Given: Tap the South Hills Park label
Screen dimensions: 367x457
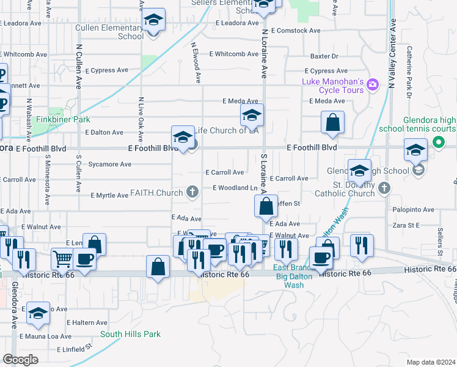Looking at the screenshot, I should coord(130,334).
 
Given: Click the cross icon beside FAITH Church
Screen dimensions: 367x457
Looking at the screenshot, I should coord(192,193).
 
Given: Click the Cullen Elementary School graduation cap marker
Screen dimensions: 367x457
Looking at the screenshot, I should coord(154,21).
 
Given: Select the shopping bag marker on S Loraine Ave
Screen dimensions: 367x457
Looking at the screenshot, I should coord(266,206).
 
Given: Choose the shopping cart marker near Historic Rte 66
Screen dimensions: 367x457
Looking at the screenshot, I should coord(62,258).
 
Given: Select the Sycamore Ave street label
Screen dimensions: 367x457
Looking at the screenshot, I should coord(110,164).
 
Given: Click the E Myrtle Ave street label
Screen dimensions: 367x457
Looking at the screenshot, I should coord(109,196).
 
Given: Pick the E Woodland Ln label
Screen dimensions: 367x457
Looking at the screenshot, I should coord(235,188).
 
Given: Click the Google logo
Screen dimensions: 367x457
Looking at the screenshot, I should coord(20,360).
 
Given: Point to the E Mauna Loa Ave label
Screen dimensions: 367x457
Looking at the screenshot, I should coord(46,336).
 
